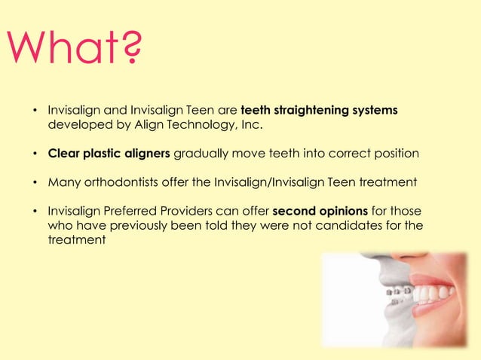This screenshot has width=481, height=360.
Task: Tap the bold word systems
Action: click(373, 111)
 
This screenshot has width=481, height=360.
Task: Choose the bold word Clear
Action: click(63, 154)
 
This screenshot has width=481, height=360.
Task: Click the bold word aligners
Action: click(149, 154)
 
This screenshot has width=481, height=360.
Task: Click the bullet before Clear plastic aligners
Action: click(35, 154)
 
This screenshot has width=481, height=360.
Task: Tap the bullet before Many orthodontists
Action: click(35, 183)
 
